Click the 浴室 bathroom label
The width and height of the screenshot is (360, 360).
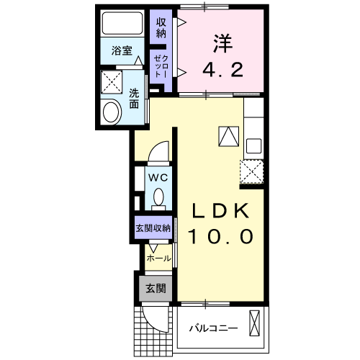122,51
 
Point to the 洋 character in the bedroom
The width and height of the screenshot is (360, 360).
221,43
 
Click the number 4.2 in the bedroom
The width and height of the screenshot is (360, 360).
221,71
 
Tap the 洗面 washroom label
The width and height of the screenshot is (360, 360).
135,99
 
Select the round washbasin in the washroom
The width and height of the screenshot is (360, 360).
112,112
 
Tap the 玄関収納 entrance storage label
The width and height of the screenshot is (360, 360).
152,228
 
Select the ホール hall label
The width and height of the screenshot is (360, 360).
158,258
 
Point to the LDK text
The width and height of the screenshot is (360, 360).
220,211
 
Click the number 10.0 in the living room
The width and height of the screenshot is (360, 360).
220,236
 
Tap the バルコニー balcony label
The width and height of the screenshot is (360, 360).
213,328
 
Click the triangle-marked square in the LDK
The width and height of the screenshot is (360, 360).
228,135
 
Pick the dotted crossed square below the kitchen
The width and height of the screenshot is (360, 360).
251,172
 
